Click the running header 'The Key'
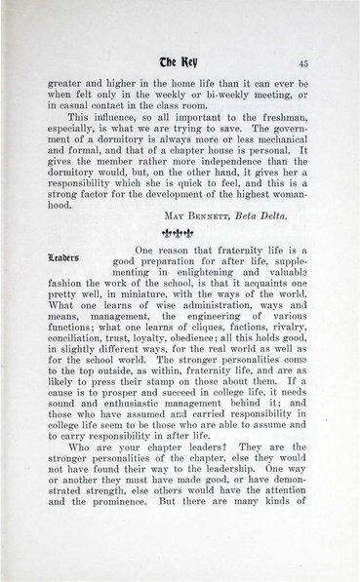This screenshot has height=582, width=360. [177, 63]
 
